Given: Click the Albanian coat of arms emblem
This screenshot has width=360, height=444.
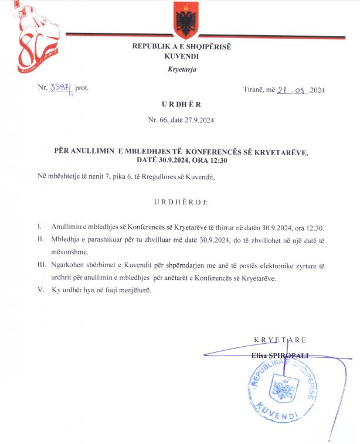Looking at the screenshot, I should (186, 21).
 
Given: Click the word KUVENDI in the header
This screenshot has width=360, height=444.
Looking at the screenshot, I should (182, 57).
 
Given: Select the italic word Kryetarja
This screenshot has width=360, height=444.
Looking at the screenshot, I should (182, 70).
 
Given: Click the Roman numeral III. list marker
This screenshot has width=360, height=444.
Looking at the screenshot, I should (41, 265).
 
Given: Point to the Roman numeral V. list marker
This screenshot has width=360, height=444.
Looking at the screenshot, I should (40, 291).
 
